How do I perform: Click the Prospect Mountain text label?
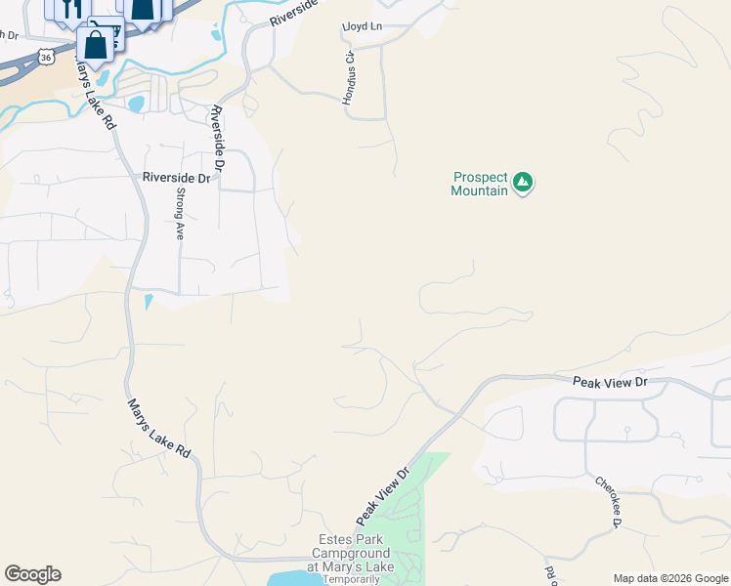(480, 184)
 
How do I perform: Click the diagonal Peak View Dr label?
(381, 494)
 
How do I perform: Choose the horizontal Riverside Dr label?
(176, 178)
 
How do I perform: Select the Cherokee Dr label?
(608, 502)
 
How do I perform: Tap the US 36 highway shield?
(46, 59)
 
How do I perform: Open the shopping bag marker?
(95, 45)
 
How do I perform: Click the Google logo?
(32, 574)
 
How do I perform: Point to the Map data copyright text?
(670, 578)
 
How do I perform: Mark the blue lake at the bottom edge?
(296, 578)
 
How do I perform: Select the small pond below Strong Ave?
(149, 302)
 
